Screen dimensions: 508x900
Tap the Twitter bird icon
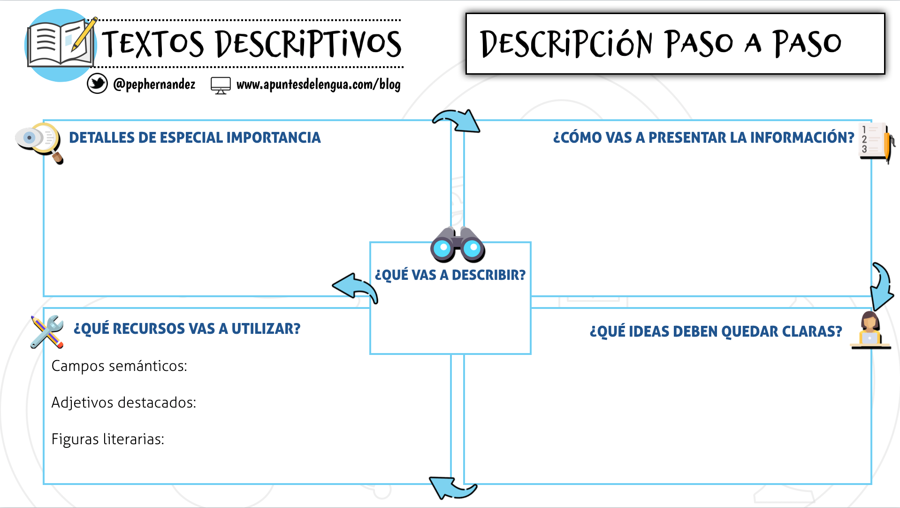click(97, 84)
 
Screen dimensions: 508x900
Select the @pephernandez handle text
click(154, 85)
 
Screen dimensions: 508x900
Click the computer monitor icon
click(221, 85)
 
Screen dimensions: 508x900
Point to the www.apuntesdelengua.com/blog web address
click(318, 85)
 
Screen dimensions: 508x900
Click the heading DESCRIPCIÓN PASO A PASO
click(661, 44)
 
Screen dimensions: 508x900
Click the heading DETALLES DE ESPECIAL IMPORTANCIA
click(195, 138)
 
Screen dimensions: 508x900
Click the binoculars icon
click(458, 245)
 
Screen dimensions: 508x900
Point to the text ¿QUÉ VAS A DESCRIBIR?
click(450, 275)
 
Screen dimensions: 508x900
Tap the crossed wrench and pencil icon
click(47, 331)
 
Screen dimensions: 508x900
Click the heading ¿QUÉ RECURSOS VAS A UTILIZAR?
click(187, 329)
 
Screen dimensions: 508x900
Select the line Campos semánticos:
click(119, 366)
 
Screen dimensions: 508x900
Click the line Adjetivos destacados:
click(123, 402)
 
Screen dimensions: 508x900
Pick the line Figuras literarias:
click(107, 439)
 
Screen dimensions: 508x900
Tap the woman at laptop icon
click(870, 331)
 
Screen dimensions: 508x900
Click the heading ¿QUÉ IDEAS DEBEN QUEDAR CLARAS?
click(716, 331)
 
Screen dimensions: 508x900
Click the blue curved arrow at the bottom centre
click(452, 488)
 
